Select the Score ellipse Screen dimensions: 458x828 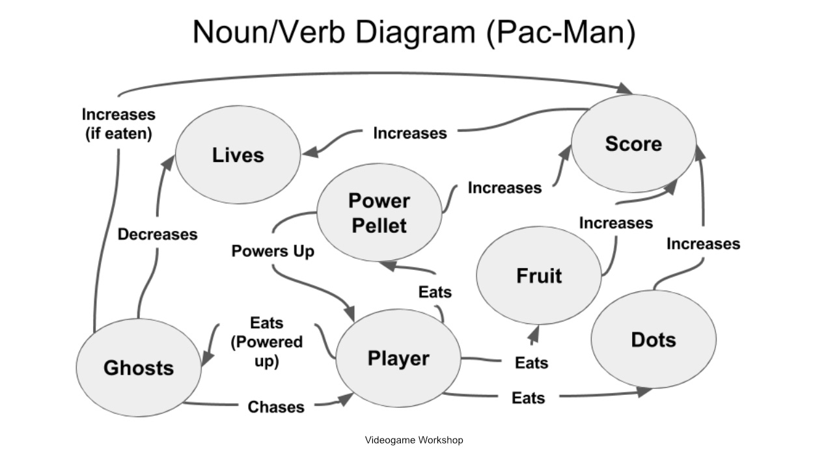point(633,144)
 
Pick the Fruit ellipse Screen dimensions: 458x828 point(538,276)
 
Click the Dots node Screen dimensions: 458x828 point(653,340)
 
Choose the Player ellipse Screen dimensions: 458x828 point(398,358)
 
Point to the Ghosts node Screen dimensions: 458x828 point(139,368)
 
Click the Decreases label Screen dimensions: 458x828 point(158,234)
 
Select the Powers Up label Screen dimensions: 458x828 point(273,251)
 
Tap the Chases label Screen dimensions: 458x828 point(276,407)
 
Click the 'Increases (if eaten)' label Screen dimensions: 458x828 point(118,124)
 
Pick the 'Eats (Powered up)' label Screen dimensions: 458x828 point(266,342)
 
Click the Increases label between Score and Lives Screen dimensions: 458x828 point(409,133)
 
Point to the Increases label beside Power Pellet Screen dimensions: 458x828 point(504,188)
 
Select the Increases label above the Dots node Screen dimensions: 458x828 point(703,244)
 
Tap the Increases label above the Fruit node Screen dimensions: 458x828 point(616,223)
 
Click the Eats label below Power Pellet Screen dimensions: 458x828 point(435,293)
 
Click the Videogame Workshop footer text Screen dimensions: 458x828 point(414,440)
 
